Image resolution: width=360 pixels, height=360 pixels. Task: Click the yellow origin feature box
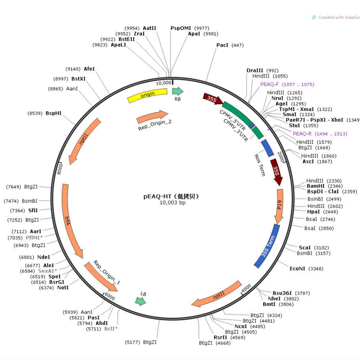(x=147, y=96)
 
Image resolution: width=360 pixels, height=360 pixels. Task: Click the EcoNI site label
(x=297, y=269)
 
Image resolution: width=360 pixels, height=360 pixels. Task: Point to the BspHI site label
(x=54, y=113)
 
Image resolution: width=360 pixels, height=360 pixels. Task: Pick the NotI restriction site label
(x=63, y=288)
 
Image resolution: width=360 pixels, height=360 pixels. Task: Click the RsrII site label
(x=220, y=337)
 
